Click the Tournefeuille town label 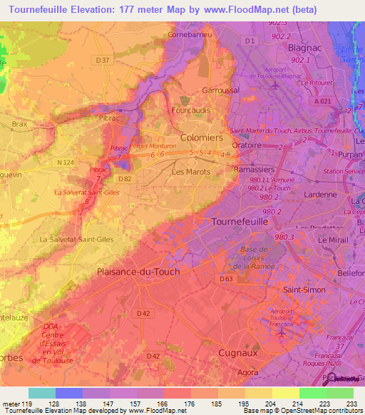(241, 222)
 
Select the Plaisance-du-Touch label (138, 272)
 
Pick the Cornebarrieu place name (190, 34)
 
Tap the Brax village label (20, 123)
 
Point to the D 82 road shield (124, 178)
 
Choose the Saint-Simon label (304, 290)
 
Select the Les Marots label (190, 172)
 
